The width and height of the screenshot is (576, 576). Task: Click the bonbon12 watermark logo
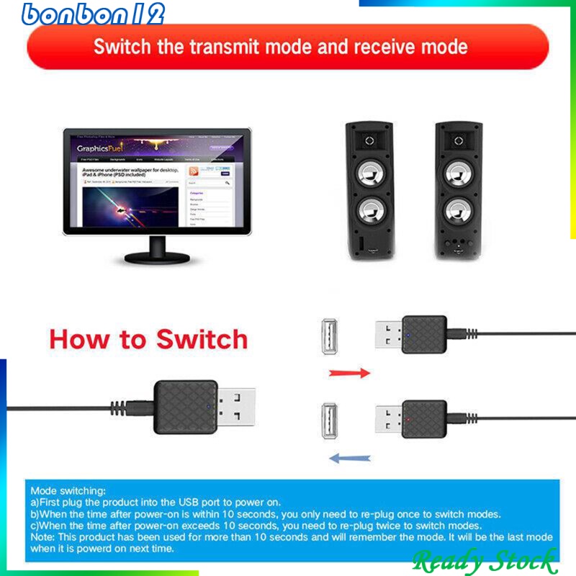pyautogui.click(x=94, y=14)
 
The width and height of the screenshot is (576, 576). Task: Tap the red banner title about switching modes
pyautogui.click(x=281, y=48)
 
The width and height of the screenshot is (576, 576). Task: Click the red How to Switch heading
pyautogui.click(x=148, y=338)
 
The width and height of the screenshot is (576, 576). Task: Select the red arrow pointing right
pyautogui.click(x=349, y=373)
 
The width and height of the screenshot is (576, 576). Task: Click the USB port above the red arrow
pyautogui.click(x=328, y=336)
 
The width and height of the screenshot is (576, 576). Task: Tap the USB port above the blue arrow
pyautogui.click(x=328, y=423)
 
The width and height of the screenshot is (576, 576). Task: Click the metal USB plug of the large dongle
pyautogui.click(x=234, y=408)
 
